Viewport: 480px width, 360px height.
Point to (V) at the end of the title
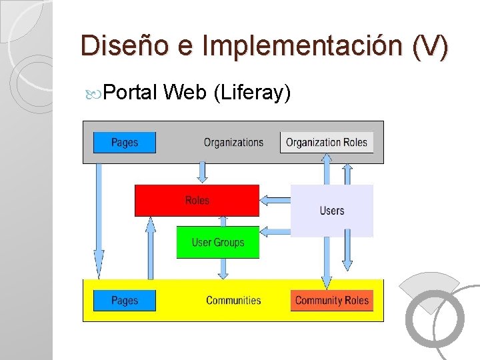click(x=430, y=46)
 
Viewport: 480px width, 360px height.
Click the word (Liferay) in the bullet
click(x=251, y=93)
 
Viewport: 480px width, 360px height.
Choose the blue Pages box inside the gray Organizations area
click(x=125, y=142)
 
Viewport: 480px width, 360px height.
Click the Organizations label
click(x=233, y=142)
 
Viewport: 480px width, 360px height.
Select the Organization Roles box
click(x=327, y=142)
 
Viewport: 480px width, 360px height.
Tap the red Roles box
click(x=197, y=201)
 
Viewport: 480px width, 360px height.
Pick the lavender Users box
click(x=332, y=211)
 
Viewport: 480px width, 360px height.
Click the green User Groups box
click(x=217, y=243)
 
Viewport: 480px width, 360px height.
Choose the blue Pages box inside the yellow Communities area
click(x=125, y=300)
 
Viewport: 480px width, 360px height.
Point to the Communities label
click(x=233, y=300)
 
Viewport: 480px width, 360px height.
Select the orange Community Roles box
click(x=331, y=300)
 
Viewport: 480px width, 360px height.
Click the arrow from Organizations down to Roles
click(x=203, y=173)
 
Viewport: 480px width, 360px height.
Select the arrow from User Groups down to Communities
click(x=222, y=269)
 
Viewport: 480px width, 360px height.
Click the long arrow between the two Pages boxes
click(x=99, y=220)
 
